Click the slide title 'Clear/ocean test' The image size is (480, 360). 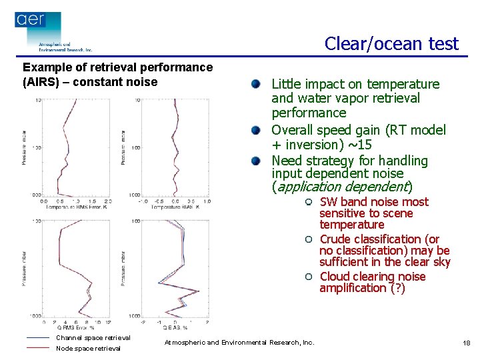pos(391,44)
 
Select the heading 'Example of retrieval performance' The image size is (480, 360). pos(118,67)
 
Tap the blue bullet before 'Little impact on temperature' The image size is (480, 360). pos(255,84)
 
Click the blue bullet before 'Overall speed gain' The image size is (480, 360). pos(255,130)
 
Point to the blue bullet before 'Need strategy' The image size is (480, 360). pos(255,161)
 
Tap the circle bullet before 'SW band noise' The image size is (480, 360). pos(309,202)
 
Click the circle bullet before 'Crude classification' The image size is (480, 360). pos(309,239)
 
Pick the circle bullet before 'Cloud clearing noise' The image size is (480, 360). pos(309,277)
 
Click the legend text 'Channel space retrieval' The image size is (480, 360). pos(93,338)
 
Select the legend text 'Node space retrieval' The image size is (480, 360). pos(88,348)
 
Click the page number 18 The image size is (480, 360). pos(466,343)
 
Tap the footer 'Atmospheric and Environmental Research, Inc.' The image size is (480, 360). pos(239,343)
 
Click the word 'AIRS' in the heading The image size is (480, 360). pos(41,82)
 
